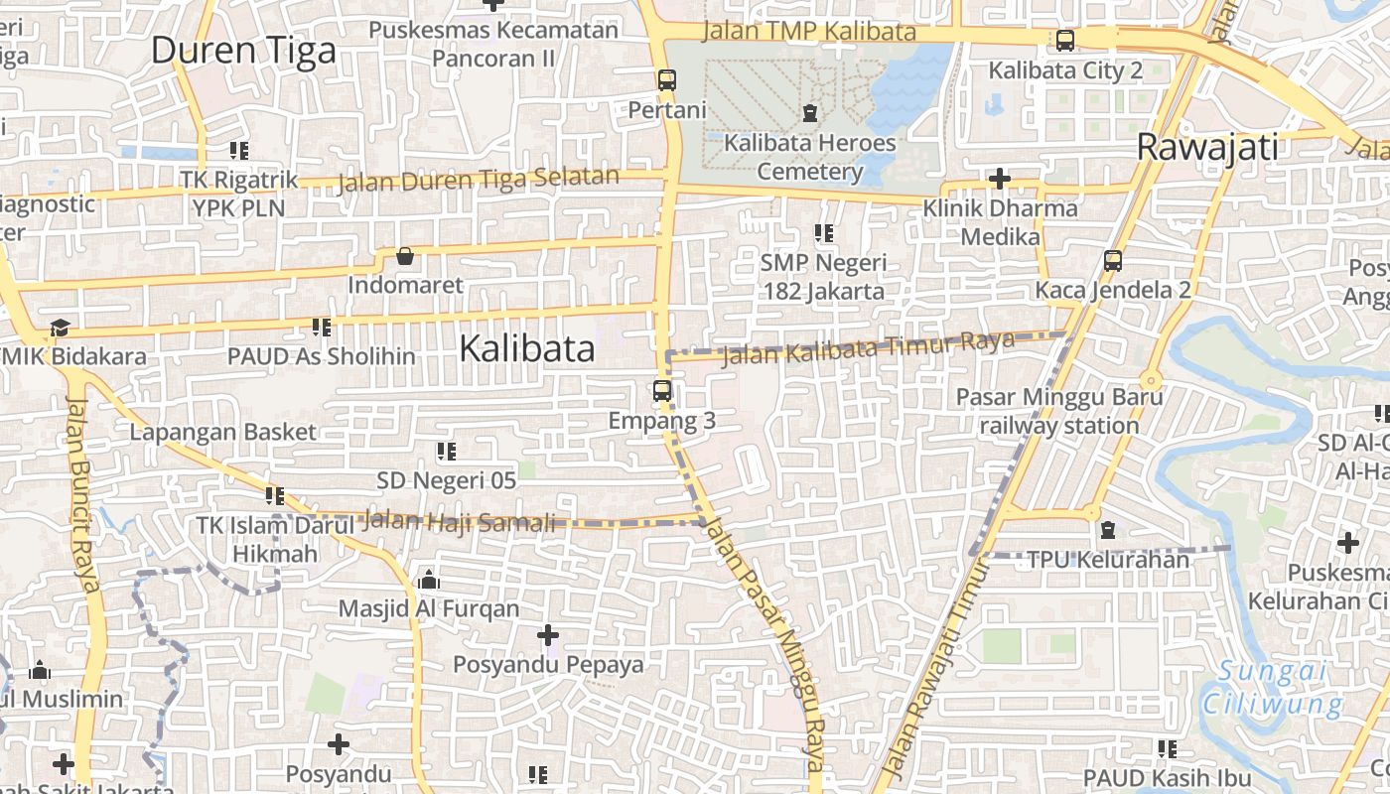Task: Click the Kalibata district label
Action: click(x=527, y=348)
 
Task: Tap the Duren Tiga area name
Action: click(x=243, y=50)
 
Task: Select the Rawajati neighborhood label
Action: click(x=1206, y=148)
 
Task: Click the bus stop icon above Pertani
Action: click(x=667, y=79)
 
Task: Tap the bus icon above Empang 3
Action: click(x=662, y=391)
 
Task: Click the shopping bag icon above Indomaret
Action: click(x=405, y=257)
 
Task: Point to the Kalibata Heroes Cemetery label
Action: click(x=809, y=157)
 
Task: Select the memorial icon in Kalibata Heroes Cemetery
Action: click(x=810, y=112)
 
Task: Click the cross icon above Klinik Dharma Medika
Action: click(x=1000, y=180)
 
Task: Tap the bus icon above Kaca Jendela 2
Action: click(x=1113, y=261)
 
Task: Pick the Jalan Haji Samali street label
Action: click(x=459, y=520)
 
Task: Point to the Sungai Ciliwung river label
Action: click(x=1273, y=688)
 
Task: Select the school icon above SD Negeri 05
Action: click(x=447, y=452)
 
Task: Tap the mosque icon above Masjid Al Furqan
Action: click(x=429, y=579)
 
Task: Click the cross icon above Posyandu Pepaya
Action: click(x=548, y=634)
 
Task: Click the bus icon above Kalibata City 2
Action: click(x=1065, y=41)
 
